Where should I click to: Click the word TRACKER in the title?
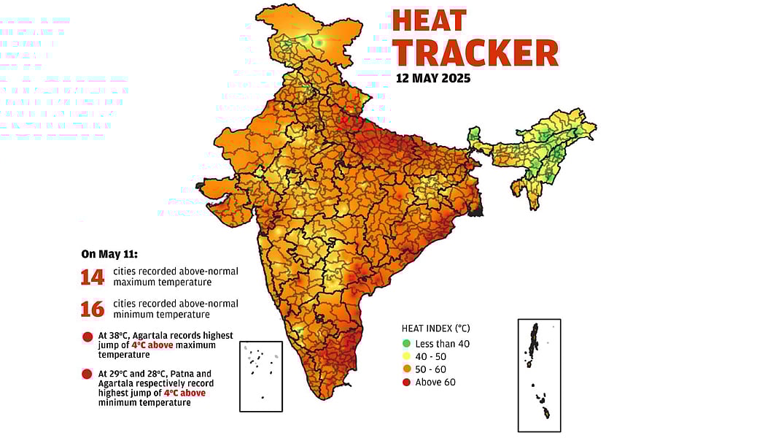coord(475,53)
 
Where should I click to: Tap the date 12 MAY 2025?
coord(433,78)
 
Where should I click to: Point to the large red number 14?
coord(93,277)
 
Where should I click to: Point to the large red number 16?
coord(93,309)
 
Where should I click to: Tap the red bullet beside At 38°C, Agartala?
coord(88,337)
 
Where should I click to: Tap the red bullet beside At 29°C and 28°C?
coord(88,374)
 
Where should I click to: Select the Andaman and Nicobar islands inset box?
coord(539,374)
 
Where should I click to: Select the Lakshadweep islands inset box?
coord(260,376)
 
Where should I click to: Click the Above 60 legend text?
coord(435,383)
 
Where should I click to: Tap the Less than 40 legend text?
coord(443,343)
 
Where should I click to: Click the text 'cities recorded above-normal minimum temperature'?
coord(176,309)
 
